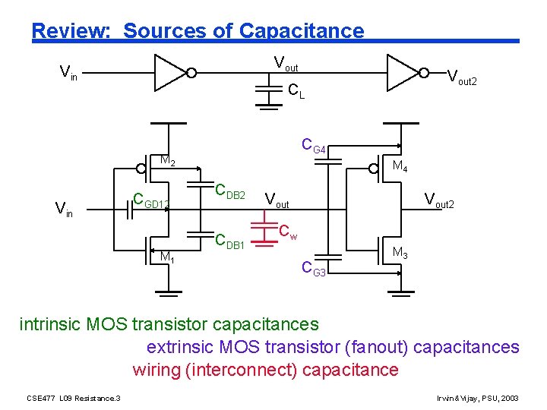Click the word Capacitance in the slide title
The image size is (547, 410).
coord(301,31)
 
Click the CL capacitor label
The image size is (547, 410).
coord(296,93)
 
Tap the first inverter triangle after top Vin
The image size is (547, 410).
coord(170,73)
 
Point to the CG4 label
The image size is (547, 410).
coord(314,145)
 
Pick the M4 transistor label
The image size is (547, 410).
coord(400,166)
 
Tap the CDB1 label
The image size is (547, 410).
coord(229,242)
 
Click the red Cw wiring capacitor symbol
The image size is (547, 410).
coord(264,234)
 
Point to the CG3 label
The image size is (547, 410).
coord(314,268)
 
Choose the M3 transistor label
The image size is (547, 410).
coord(400,254)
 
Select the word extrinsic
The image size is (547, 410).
coord(180,348)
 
